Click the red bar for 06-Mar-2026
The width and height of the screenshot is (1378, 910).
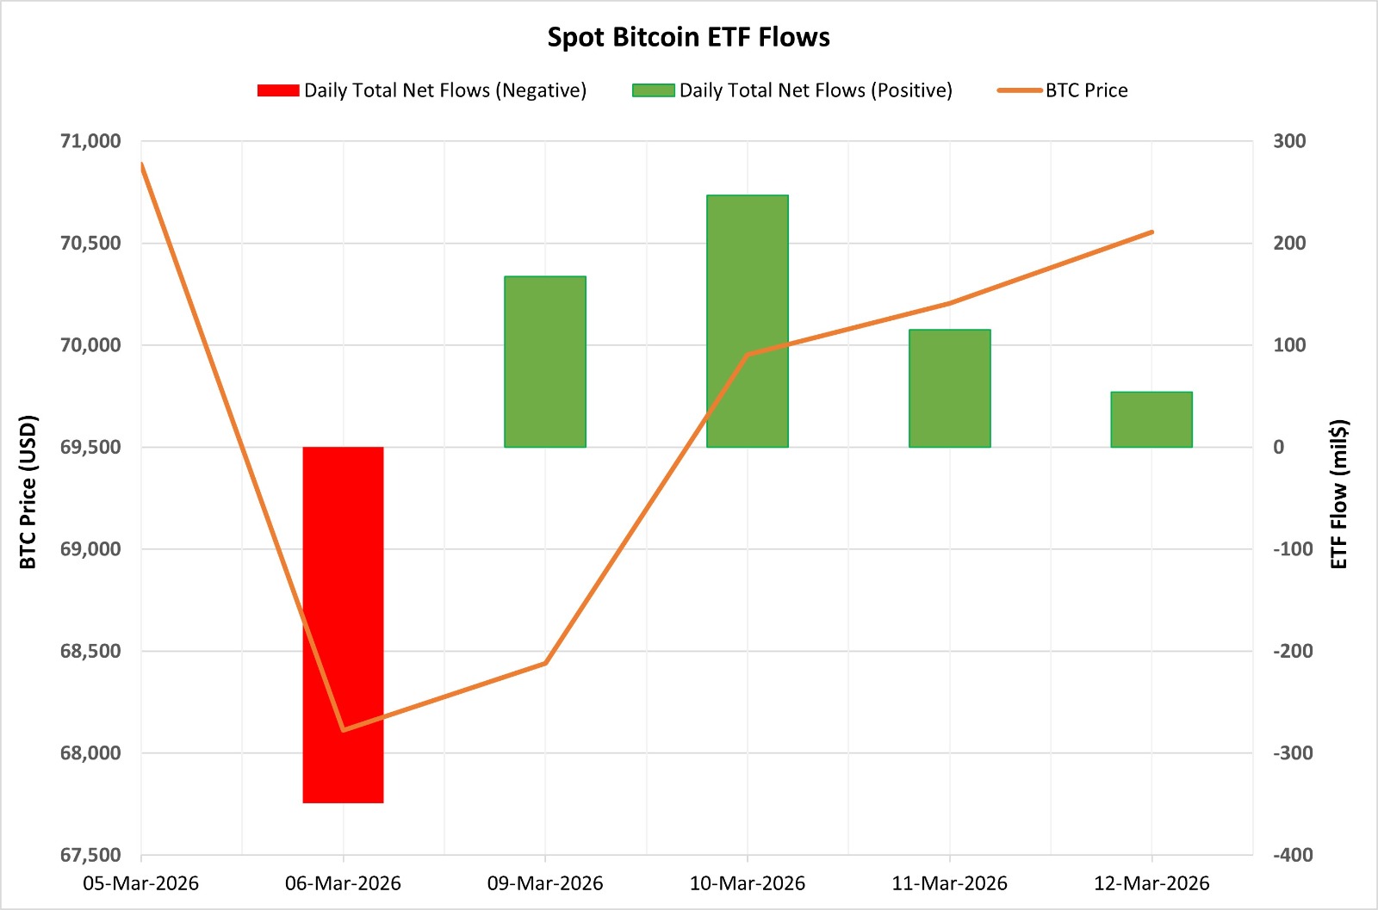343,624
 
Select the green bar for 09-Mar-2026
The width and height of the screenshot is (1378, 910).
545,362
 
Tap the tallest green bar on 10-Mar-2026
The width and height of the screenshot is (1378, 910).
748,320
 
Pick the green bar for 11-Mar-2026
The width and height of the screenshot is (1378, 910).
949,387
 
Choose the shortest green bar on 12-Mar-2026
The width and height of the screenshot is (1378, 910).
1151,419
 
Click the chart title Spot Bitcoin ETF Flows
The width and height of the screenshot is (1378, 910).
688,37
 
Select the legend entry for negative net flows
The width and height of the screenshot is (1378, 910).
422,90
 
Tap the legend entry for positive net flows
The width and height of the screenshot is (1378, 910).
792,90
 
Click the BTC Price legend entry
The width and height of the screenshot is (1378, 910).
1063,90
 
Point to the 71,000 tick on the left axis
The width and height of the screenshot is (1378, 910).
90,141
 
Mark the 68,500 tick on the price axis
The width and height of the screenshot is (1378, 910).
90,651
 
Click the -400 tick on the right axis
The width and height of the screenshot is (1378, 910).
1293,855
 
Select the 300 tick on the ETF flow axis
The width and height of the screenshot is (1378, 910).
1289,141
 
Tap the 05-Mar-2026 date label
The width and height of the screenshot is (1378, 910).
140,883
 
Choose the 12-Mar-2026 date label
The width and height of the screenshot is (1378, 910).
1151,883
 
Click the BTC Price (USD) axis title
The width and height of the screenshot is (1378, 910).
28,492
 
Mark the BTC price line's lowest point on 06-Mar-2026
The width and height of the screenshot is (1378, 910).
344,730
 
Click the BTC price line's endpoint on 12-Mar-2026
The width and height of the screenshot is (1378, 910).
1151,232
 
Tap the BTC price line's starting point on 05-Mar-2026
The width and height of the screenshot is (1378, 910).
141,164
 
